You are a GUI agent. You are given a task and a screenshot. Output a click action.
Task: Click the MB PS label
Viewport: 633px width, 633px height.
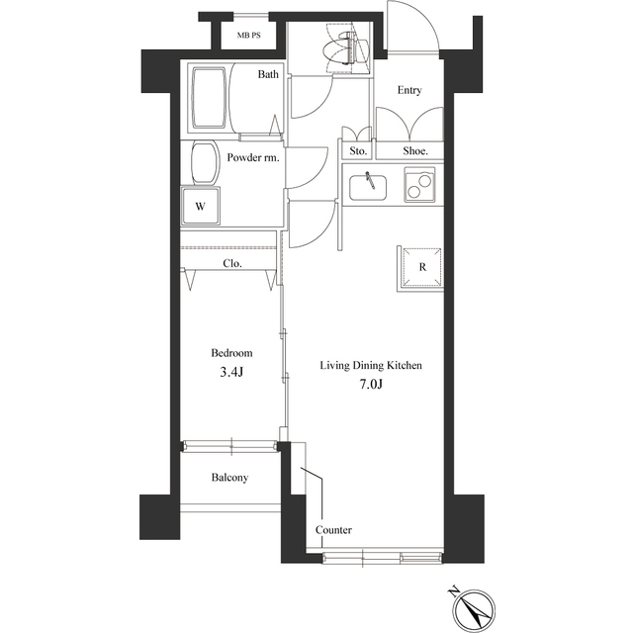248,37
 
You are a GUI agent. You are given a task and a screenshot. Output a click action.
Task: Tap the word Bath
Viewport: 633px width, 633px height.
268,74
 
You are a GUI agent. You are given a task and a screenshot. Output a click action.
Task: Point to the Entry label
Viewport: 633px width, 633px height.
409,91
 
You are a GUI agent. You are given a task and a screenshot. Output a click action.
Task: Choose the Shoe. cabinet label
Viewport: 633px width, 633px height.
414,151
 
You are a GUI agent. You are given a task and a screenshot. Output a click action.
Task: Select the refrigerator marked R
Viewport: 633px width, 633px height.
421,267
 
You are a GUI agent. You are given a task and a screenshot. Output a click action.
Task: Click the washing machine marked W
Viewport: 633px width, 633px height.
201,207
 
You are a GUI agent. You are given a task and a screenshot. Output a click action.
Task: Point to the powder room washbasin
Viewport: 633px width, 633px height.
204,162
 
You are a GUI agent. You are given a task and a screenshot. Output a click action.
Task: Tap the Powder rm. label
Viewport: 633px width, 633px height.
253,157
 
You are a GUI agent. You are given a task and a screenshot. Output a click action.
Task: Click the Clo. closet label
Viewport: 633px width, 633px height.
232,264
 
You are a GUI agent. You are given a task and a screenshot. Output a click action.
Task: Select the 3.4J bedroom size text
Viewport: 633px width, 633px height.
231,373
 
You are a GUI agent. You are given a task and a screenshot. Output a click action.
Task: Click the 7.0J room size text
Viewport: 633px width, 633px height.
370,385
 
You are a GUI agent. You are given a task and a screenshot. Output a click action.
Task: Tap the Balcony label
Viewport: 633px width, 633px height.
229,478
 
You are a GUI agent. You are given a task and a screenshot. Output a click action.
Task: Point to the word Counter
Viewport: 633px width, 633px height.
333,530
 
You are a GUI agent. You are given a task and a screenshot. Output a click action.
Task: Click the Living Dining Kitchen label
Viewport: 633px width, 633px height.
371,366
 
